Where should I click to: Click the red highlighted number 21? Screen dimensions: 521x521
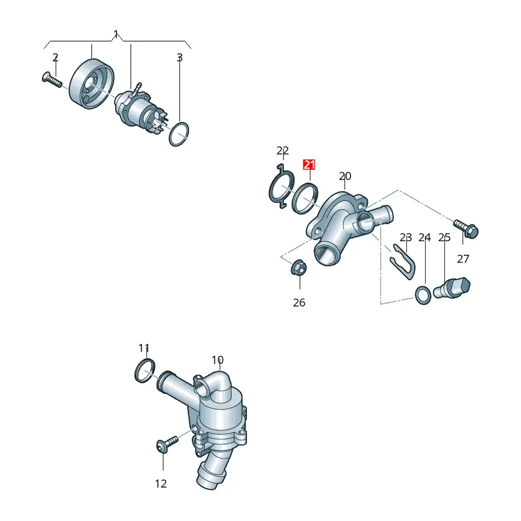point(309,165)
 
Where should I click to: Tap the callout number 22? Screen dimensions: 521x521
point(282,151)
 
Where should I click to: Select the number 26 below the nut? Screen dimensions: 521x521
point(299,302)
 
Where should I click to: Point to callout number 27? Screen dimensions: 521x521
point(463,258)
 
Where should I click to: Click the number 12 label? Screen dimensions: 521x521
point(161,483)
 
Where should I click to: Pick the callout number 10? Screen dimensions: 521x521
point(218,360)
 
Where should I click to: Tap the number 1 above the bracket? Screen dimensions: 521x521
point(116,33)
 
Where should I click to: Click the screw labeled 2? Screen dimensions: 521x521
point(52,80)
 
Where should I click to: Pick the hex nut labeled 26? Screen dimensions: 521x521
point(299,268)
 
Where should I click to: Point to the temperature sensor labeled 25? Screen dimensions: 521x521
point(452,288)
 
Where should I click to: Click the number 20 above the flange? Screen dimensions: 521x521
point(345,176)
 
